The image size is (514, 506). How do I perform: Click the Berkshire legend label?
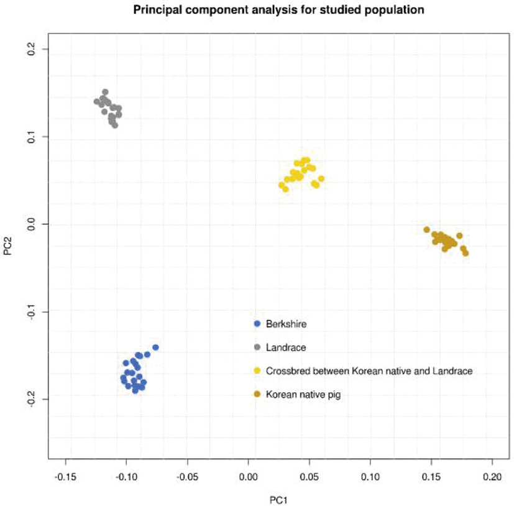(286, 324)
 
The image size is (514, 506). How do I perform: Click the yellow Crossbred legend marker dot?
(257, 371)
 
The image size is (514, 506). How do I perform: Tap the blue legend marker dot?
(257, 324)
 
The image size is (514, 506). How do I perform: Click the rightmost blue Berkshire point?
(155, 347)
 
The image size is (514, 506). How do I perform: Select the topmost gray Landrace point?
(105, 92)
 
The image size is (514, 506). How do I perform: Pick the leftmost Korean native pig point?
(427, 230)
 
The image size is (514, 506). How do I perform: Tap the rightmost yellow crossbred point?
(321, 179)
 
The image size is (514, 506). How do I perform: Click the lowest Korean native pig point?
(465, 253)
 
